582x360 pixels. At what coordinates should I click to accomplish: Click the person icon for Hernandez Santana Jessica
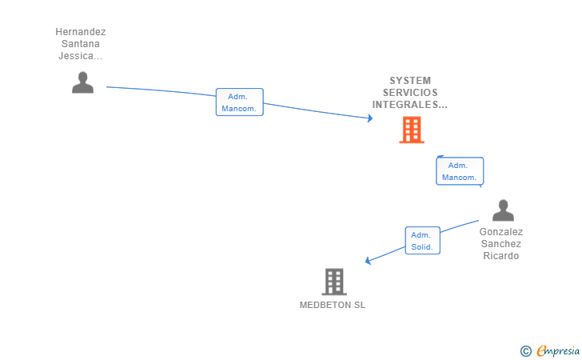click(x=82, y=82)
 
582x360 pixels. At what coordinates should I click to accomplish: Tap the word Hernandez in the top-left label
click(x=81, y=32)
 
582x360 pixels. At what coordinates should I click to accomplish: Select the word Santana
click(x=81, y=44)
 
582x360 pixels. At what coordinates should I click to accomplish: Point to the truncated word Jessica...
click(x=81, y=56)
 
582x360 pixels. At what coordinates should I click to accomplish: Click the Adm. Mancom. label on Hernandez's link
click(x=239, y=102)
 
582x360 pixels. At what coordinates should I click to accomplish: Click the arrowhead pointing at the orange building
click(x=369, y=118)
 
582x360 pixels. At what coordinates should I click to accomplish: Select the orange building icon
click(x=411, y=130)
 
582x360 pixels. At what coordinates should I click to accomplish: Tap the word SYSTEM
click(x=410, y=81)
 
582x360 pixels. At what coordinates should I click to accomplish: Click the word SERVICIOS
click(x=410, y=93)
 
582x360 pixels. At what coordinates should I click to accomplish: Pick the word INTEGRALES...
click(x=410, y=105)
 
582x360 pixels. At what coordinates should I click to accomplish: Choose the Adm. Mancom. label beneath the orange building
click(x=459, y=171)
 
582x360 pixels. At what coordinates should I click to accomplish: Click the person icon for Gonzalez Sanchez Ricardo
click(x=503, y=210)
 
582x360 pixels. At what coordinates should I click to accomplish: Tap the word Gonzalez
click(x=501, y=232)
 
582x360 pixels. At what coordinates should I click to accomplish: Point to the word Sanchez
click(x=501, y=244)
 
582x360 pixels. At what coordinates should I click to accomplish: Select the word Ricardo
click(x=501, y=256)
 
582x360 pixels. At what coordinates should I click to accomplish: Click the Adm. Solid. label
click(x=422, y=241)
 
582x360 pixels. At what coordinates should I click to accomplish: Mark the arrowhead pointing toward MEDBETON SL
click(x=368, y=260)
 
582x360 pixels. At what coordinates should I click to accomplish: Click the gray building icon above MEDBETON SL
click(x=333, y=282)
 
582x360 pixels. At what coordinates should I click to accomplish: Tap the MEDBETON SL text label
click(x=332, y=305)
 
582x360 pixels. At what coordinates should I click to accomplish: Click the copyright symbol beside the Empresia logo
click(x=525, y=350)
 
